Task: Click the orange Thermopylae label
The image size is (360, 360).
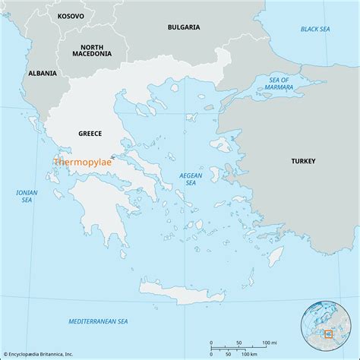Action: (81, 161)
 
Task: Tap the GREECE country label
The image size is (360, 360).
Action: (90, 134)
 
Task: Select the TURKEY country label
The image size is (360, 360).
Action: (303, 161)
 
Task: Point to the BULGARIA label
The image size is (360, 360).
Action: (184, 27)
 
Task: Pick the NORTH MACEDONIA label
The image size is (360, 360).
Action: (92, 50)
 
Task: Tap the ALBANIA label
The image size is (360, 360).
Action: (42, 73)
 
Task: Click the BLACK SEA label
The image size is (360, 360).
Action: (314, 29)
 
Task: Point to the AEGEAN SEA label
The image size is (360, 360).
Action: (191, 178)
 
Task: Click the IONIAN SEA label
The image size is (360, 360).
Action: (27, 197)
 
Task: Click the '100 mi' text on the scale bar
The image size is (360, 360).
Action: (269, 343)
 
